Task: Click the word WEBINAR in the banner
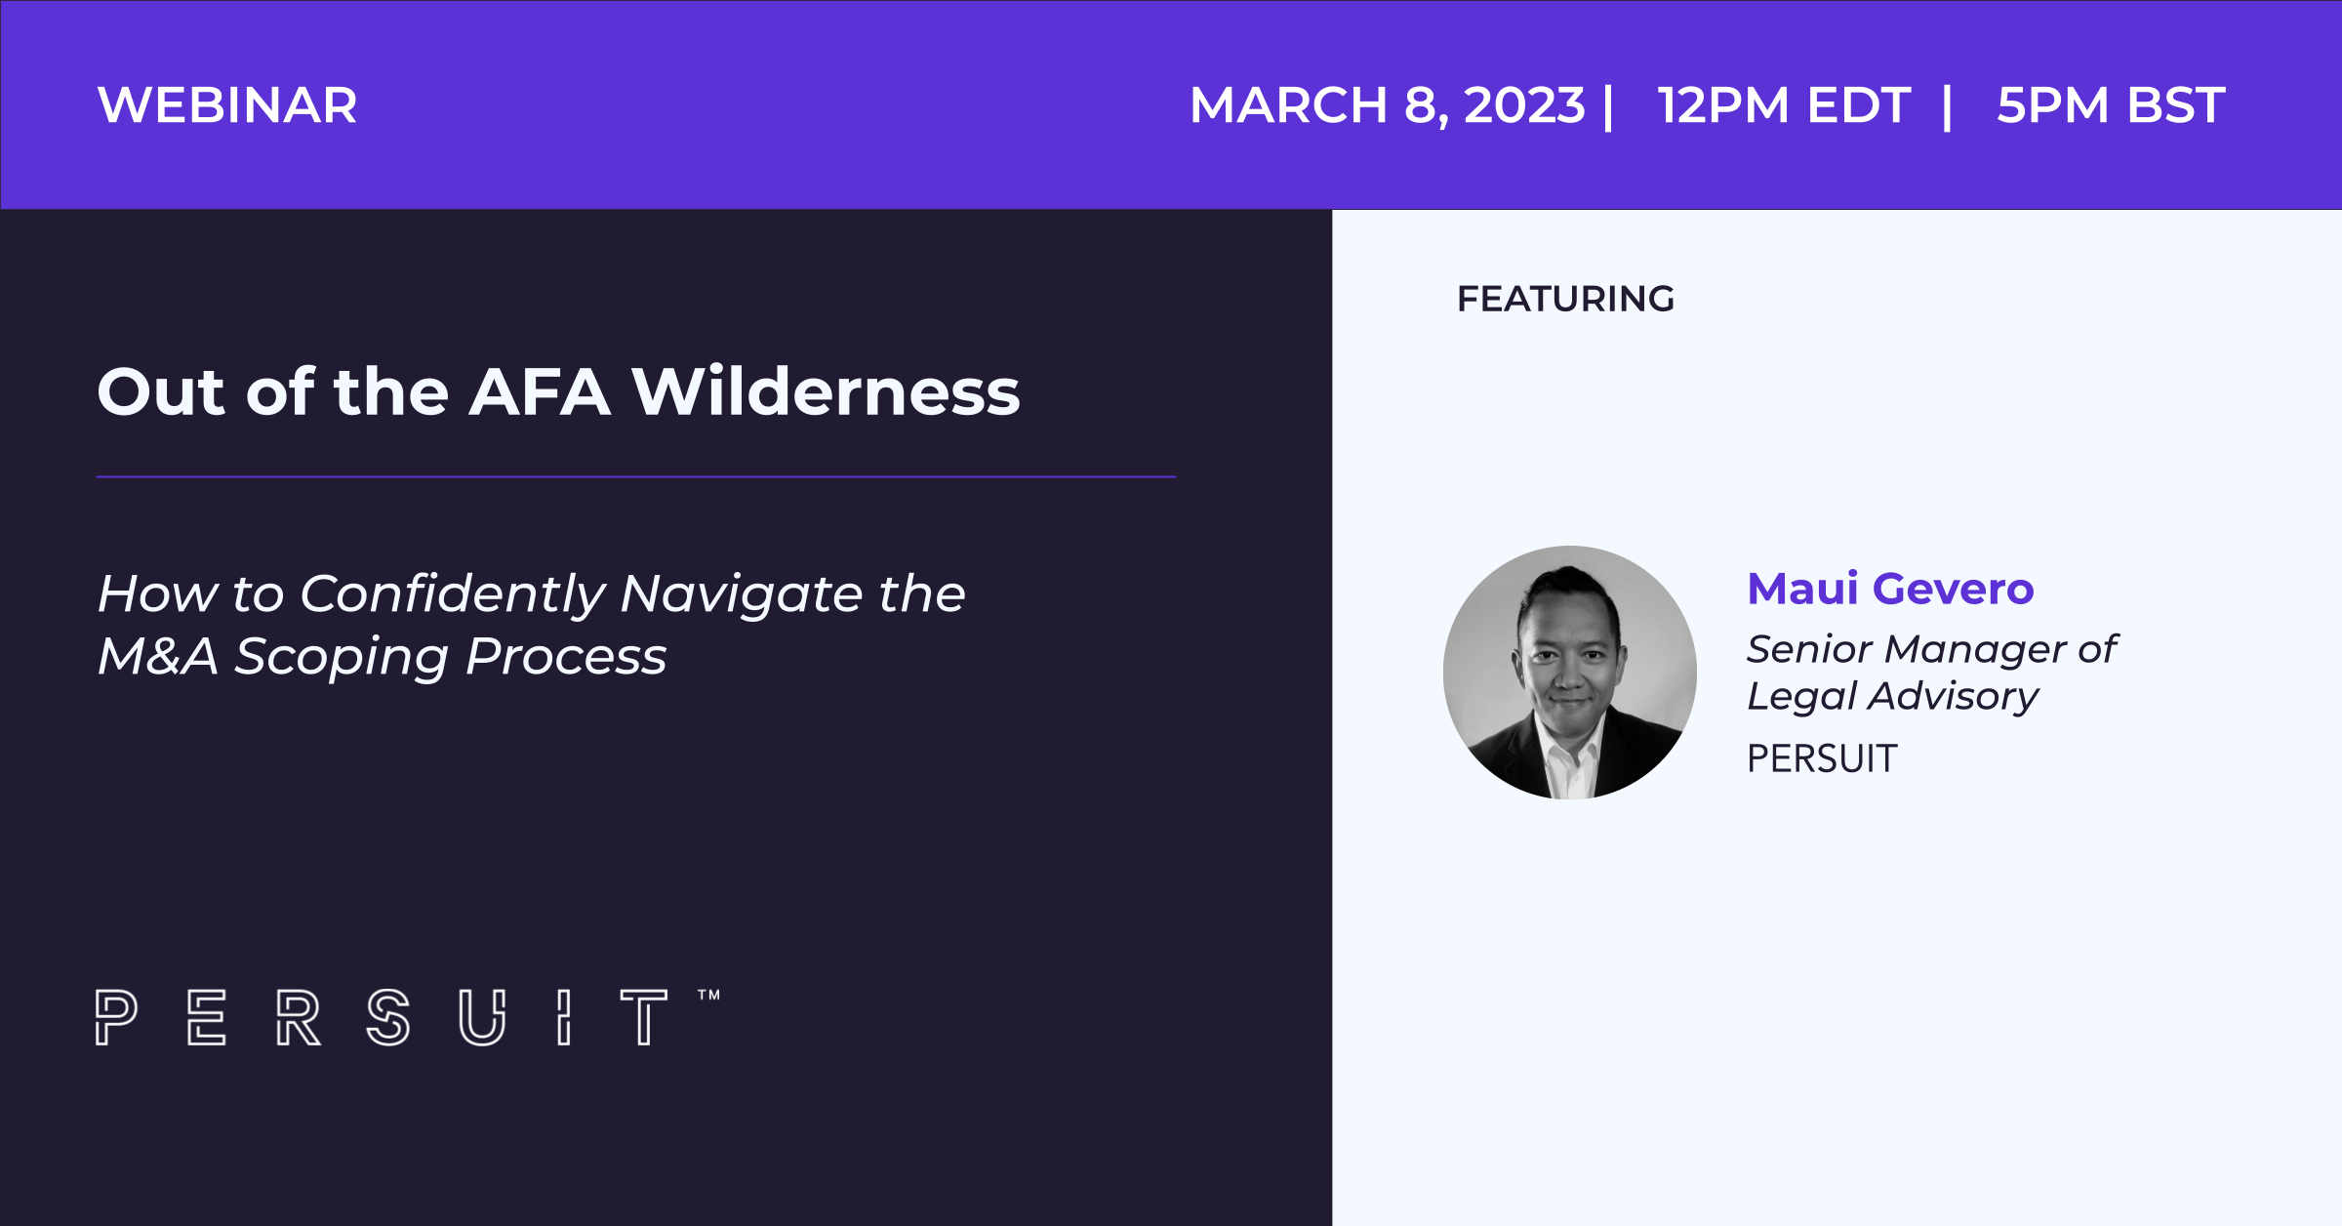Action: (227, 105)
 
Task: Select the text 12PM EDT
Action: (1784, 105)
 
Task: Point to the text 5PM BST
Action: (2111, 105)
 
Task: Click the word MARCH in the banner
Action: (1288, 105)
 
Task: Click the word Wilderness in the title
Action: (826, 392)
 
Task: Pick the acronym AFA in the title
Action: (540, 392)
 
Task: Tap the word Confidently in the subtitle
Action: (453, 594)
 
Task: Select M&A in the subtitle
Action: (157, 656)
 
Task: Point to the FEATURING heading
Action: (1565, 299)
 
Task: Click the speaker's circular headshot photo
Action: (1569, 673)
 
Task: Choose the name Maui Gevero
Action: (1890, 589)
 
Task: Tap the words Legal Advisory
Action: (1892, 697)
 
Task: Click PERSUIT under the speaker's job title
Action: (1822, 758)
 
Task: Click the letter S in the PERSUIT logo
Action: (387, 1017)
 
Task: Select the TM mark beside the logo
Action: (708, 996)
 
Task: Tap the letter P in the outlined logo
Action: (115, 1017)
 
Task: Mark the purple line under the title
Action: (636, 477)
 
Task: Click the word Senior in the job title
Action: (1807, 649)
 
